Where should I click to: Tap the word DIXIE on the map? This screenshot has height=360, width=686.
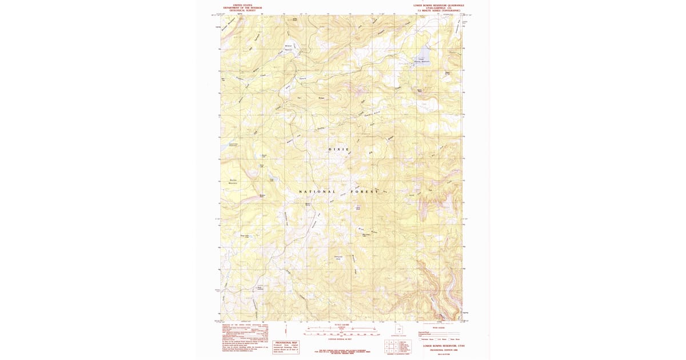click(338, 149)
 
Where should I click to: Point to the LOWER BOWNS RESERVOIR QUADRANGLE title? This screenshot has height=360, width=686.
click(438, 4)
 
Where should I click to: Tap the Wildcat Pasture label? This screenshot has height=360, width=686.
click(289, 47)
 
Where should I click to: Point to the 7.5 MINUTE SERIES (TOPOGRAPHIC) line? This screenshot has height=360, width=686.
click(438, 10)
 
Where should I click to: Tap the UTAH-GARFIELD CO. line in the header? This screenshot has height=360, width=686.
click(438, 7)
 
